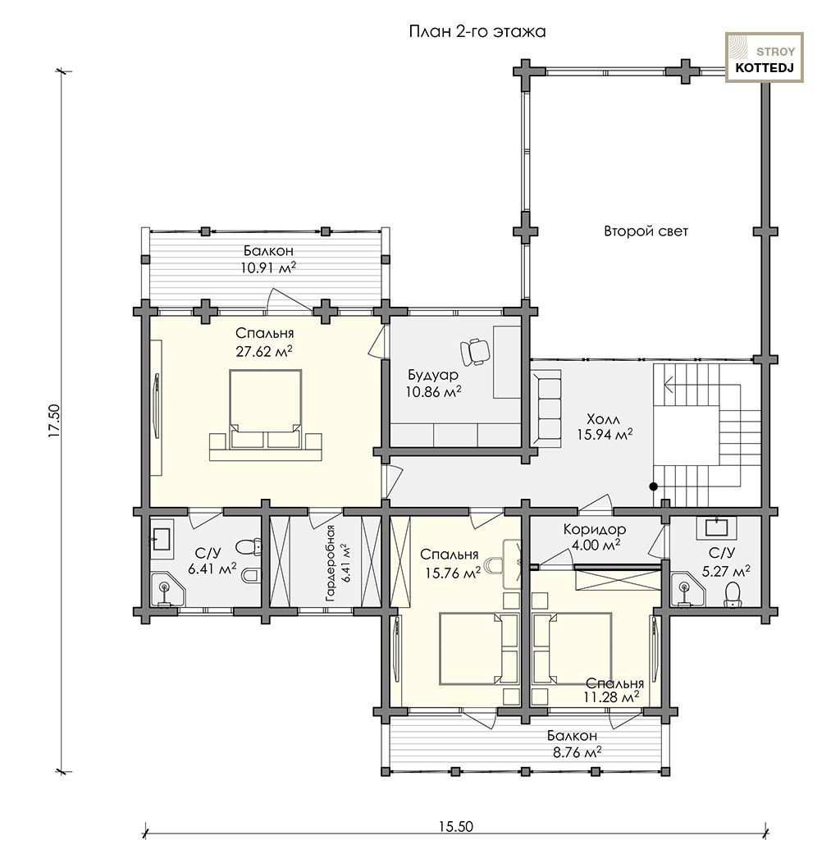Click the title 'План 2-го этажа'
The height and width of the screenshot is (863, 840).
tap(477, 31)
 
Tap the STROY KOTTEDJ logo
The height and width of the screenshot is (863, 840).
tap(764, 57)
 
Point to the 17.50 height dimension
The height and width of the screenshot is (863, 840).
tap(54, 421)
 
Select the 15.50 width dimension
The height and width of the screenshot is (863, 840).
tap(456, 827)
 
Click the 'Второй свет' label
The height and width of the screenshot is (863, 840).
tap(646, 231)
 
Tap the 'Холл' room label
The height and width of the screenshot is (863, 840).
tap(603, 418)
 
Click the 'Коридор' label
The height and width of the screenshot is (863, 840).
tap(595, 529)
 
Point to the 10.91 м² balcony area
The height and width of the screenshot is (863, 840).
tap(268, 268)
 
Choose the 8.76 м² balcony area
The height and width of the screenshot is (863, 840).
tap(577, 751)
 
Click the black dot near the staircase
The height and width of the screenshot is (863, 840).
tap(654, 486)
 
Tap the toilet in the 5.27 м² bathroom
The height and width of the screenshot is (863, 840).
tap(733, 595)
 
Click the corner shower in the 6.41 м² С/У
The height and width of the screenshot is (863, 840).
tap(167, 590)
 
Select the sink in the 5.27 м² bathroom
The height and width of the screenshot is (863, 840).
tap(717, 527)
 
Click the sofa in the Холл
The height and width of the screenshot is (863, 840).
tap(546, 407)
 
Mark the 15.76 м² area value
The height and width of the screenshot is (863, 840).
tap(453, 573)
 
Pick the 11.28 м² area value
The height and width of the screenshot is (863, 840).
tap(612, 697)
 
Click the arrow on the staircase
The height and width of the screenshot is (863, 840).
tap(669, 382)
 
